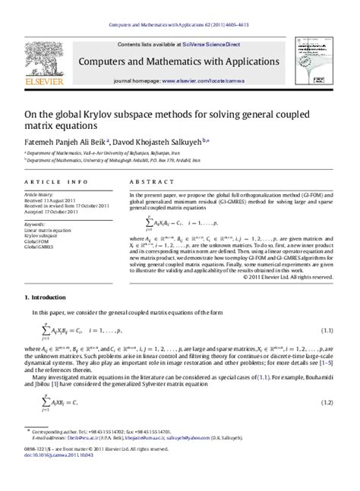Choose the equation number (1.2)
pyautogui.click(x=327, y=401)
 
